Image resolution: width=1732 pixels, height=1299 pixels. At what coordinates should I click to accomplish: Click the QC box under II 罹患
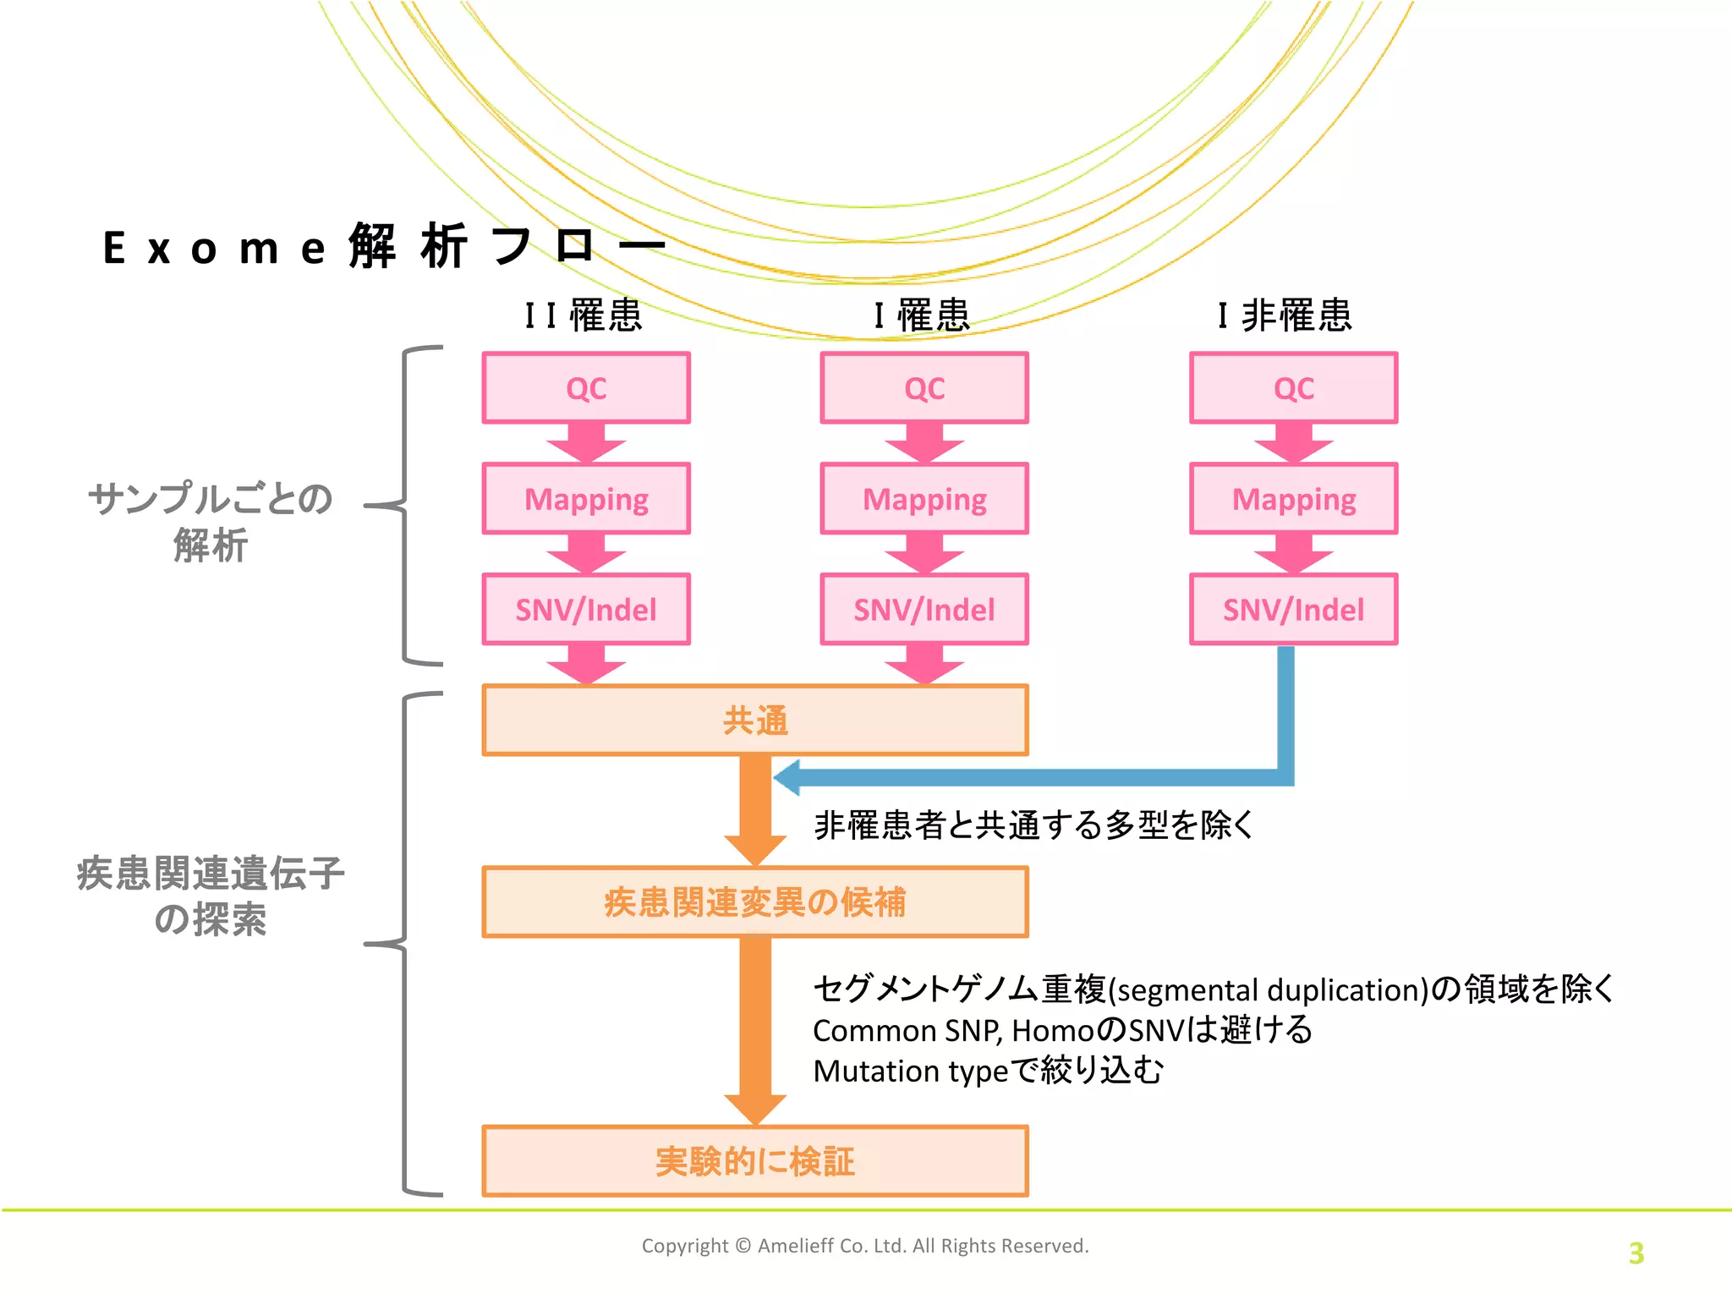coord(586,388)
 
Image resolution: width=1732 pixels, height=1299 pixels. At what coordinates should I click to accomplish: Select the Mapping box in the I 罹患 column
coord(924,499)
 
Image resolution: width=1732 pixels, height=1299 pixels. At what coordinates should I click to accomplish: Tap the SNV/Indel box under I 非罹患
coord(1293,610)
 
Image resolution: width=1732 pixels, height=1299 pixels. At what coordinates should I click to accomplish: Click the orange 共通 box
coord(755,721)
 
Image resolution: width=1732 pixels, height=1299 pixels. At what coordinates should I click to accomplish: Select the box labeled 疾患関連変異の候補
coord(755,902)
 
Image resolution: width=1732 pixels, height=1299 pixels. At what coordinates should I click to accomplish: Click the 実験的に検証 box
coord(755,1161)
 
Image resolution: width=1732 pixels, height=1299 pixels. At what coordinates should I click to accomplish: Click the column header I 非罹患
coord(1285,315)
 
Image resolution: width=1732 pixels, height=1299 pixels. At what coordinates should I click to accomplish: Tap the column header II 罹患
coord(584,315)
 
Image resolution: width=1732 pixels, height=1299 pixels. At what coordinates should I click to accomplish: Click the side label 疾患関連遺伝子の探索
coord(210,896)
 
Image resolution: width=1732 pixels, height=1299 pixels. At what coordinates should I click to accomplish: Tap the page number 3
coord(1636,1252)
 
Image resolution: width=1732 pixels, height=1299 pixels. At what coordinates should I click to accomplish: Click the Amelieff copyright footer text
coord(864,1246)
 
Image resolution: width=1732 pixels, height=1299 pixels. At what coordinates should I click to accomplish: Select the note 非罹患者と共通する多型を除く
coord(1033,825)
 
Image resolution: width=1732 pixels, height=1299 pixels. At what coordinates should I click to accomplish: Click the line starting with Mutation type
coord(988,1071)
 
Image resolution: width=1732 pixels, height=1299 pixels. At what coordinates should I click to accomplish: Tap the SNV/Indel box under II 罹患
coord(586,610)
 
